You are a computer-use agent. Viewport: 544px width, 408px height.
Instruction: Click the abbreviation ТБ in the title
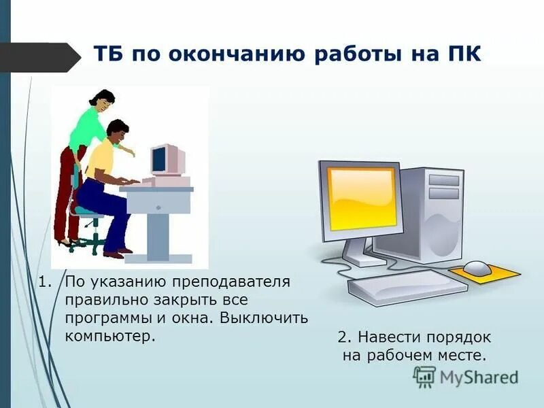coord(108,54)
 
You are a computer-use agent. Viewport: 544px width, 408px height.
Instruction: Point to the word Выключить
coord(267,318)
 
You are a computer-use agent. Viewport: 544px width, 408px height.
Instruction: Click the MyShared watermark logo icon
coord(424,376)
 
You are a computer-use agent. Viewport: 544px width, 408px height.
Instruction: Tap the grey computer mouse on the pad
coord(477,267)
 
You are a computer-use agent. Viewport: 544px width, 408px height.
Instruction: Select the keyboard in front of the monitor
coord(408,286)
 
